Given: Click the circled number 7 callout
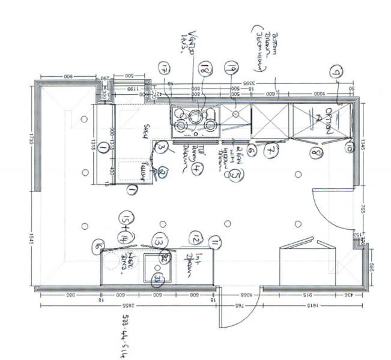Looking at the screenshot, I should click(x=270, y=152).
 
